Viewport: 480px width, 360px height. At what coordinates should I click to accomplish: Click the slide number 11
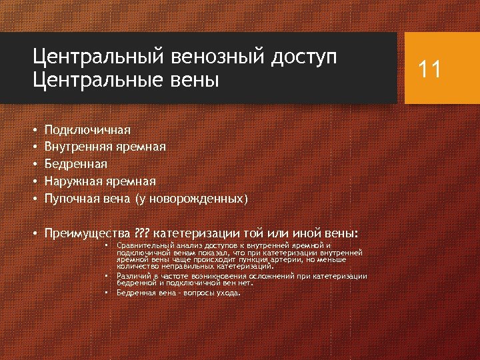point(429,69)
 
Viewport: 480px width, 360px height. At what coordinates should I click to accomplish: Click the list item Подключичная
point(87,129)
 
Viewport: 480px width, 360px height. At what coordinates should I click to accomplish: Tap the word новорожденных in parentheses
point(203,199)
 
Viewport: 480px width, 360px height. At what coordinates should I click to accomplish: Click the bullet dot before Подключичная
point(34,129)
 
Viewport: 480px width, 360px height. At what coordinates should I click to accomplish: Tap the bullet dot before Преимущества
point(34,234)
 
